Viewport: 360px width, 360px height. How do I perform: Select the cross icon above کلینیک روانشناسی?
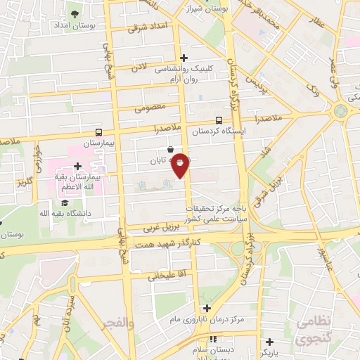(184, 58)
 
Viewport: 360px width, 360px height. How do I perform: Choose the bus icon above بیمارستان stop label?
(98, 131)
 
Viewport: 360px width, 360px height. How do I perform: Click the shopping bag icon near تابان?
(172, 149)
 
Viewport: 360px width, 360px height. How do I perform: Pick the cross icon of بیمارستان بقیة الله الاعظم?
(86, 165)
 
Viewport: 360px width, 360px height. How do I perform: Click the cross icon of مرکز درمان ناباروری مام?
(207, 308)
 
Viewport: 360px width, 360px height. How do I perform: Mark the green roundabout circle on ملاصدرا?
(341, 110)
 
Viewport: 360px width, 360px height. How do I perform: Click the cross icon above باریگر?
(269, 342)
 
